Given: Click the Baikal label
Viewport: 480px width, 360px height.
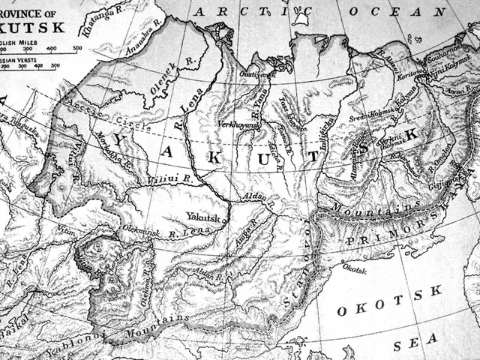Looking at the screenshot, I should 13,327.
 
